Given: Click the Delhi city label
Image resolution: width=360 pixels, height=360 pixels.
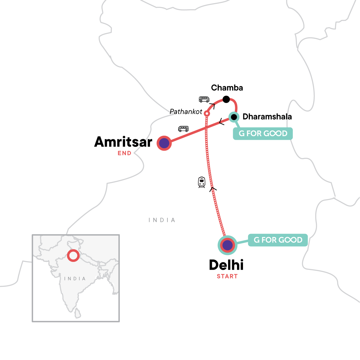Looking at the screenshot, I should click(x=226, y=265).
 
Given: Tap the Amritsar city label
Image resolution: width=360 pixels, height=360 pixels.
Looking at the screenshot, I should click(x=123, y=142).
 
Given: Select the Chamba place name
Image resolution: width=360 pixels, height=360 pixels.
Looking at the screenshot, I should click(x=227, y=88).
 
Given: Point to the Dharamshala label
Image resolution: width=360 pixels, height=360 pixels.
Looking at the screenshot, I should click(x=267, y=117).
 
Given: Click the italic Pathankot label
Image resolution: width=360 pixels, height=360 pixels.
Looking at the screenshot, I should click(x=186, y=112).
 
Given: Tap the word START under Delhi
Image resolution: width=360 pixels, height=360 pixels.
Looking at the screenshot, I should click(x=227, y=276).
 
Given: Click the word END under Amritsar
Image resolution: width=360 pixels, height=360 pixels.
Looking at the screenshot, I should click(x=124, y=153).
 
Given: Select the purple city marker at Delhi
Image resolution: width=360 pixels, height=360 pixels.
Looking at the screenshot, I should click(x=227, y=245).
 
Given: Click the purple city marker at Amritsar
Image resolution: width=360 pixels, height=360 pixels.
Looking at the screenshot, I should click(x=164, y=143).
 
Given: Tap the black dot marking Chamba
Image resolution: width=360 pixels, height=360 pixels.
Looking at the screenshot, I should click(x=226, y=99).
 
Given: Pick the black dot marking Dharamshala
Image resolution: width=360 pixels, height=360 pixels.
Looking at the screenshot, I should click(x=234, y=117).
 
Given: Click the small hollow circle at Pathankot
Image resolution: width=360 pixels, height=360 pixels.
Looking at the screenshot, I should click(x=207, y=114).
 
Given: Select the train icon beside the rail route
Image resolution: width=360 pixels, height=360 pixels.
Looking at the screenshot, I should click(x=202, y=182).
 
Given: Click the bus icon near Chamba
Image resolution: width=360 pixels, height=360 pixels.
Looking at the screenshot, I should click(x=204, y=99).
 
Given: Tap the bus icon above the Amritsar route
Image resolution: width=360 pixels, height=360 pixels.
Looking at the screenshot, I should click(x=183, y=129).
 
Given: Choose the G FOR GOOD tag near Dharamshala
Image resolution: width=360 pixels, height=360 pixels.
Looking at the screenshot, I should click(x=263, y=133).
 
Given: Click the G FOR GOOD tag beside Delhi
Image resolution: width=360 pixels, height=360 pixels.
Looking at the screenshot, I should click(x=278, y=240).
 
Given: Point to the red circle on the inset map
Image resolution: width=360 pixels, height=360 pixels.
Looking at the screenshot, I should click(x=73, y=256).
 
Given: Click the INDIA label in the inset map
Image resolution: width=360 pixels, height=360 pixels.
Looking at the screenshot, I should click(x=75, y=279).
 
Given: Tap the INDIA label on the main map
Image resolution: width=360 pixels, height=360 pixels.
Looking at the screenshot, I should click(x=162, y=220).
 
